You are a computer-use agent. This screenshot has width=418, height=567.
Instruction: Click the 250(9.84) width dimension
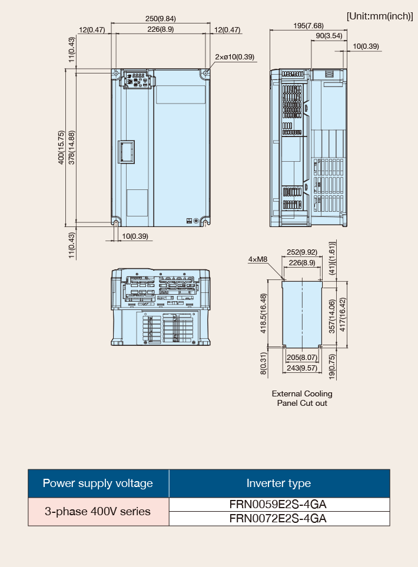(x=161, y=18)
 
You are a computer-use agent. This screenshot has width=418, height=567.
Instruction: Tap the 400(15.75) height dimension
(x=61, y=148)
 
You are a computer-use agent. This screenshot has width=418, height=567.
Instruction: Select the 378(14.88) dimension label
(x=72, y=148)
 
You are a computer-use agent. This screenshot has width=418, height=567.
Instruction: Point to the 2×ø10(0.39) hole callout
(x=234, y=57)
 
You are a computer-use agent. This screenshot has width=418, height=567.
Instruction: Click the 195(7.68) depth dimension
(x=308, y=26)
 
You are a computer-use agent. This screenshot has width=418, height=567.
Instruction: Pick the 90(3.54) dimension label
(x=329, y=36)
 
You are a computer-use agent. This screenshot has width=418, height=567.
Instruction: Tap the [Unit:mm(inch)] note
(x=380, y=16)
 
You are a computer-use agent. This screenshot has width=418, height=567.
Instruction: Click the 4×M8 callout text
(x=258, y=259)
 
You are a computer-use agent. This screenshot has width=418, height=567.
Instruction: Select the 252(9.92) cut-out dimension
(x=302, y=252)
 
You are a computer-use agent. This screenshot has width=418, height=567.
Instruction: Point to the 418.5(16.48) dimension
(x=264, y=313)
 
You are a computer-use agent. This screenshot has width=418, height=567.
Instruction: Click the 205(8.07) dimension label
(x=302, y=358)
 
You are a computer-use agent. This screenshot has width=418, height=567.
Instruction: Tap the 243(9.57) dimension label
(x=302, y=368)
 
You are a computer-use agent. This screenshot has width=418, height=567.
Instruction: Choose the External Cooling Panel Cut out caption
(x=302, y=399)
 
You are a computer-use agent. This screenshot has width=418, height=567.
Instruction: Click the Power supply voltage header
(x=98, y=483)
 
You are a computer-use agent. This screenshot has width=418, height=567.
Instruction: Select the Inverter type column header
(x=278, y=483)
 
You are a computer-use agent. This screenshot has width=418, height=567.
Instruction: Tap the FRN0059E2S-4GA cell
(x=278, y=505)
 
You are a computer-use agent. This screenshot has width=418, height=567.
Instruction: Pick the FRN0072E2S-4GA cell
(x=278, y=519)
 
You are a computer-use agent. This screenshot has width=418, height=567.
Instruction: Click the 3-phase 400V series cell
(x=98, y=511)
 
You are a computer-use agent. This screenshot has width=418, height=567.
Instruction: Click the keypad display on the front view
(x=138, y=75)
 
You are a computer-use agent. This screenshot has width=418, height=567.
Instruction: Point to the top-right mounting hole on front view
(x=205, y=74)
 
